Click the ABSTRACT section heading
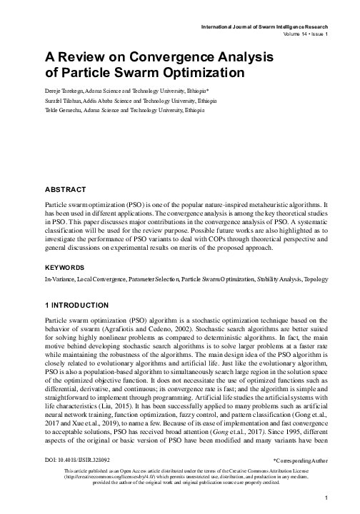click(x=65, y=189)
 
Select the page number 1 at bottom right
click(x=324, y=497)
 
